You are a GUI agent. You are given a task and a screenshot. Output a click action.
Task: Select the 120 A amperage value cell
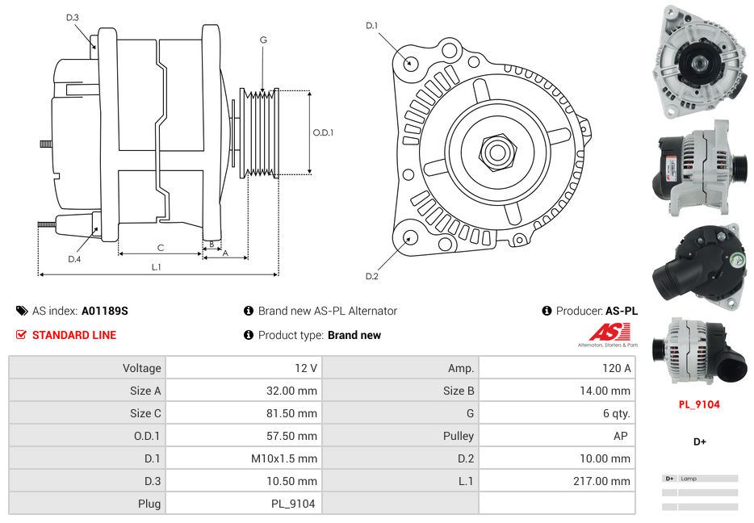tap(616, 368)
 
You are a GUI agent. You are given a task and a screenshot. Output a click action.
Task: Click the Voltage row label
tap(141, 368)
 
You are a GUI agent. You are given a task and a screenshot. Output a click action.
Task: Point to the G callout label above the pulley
tap(263, 40)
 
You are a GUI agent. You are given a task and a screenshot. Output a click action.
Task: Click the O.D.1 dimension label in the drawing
tap(323, 132)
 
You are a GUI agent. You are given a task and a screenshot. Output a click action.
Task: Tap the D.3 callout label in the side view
tap(73, 17)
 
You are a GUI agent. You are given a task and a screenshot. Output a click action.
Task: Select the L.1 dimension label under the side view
tap(157, 267)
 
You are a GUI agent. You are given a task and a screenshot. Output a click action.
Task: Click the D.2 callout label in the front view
tap(371, 277)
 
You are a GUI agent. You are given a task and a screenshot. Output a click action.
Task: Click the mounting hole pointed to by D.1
tap(410, 62)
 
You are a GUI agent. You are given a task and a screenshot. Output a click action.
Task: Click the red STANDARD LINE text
tap(73, 335)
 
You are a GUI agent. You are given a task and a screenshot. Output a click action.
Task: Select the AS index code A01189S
tap(105, 311)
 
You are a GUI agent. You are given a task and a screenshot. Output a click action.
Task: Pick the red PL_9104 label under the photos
tap(698, 404)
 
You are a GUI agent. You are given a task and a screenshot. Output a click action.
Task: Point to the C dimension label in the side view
tap(160, 248)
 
